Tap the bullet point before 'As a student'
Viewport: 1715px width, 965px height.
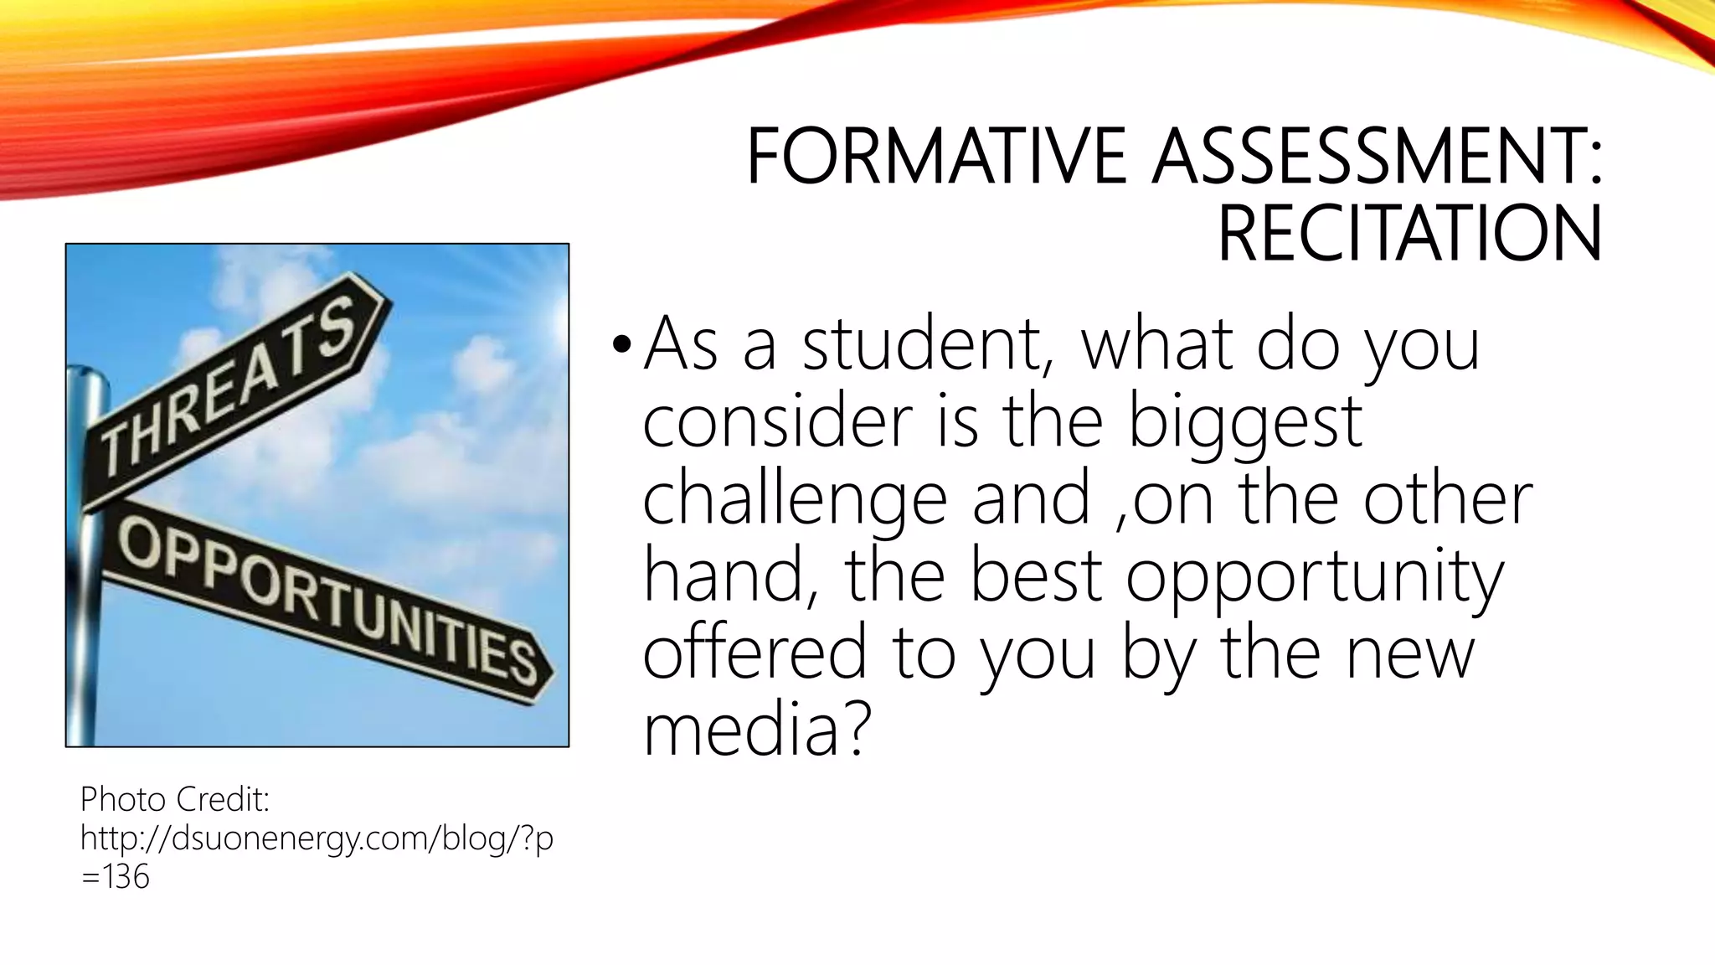coord(620,344)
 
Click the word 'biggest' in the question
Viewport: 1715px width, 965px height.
coord(1245,421)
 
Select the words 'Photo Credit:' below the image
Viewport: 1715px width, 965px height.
coord(175,800)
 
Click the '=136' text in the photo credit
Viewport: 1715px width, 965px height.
coord(116,877)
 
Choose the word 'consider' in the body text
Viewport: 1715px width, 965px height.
coord(777,421)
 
